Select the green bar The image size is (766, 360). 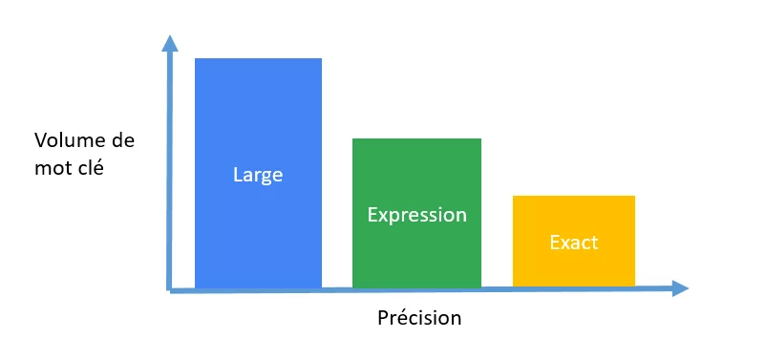coord(416,253)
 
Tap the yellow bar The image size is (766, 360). coord(573,267)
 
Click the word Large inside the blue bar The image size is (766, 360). coord(258,176)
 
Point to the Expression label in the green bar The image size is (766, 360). coord(416,215)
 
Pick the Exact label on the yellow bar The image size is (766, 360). coord(573,243)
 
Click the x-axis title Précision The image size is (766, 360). coord(417,318)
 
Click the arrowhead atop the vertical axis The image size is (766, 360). coord(170,43)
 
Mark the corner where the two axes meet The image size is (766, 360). coord(170,288)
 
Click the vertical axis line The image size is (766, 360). coord(170,172)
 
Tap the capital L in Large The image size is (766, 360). coord(238,176)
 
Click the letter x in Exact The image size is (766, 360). coord(564,244)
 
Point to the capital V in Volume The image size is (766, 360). coord(41,141)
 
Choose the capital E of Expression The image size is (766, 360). coord(372,214)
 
